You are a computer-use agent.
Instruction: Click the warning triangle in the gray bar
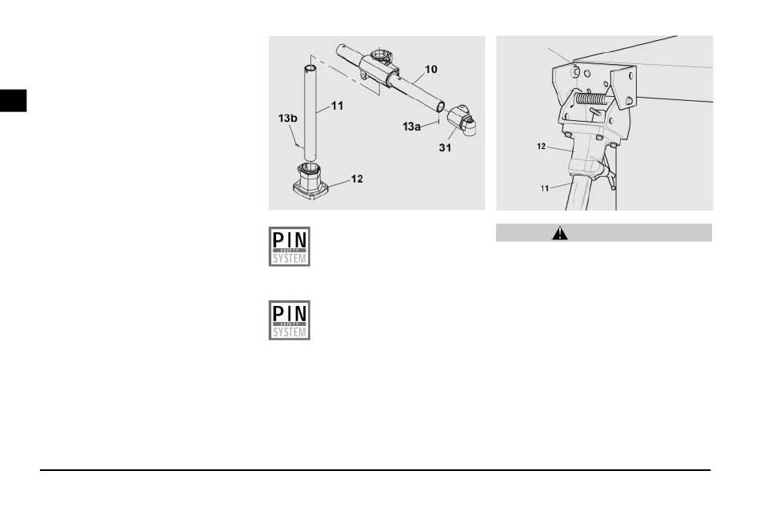pos(559,233)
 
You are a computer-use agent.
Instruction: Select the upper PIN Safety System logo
pos(289,246)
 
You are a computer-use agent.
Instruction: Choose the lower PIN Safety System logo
pos(289,320)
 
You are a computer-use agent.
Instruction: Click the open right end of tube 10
pos(440,105)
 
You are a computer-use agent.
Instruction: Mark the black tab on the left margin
pos(14,99)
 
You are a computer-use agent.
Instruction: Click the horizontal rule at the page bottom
pos(376,470)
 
